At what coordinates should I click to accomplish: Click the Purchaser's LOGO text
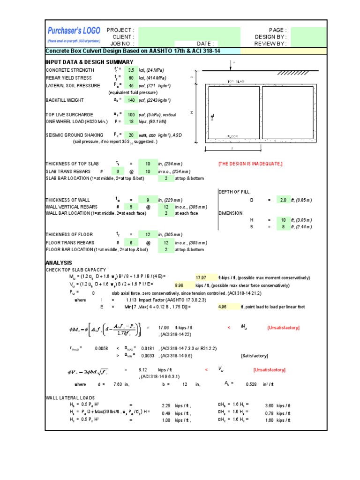tap(74, 30)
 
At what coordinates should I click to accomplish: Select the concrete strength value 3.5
tap(132, 70)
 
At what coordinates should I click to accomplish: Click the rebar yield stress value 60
tap(131, 78)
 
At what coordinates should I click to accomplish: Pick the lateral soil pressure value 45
tap(131, 86)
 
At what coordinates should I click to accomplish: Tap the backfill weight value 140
tap(131, 100)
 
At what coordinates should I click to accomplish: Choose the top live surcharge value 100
tap(131, 115)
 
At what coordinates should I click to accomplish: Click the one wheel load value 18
tap(131, 122)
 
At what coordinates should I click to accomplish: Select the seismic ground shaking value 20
tap(131, 135)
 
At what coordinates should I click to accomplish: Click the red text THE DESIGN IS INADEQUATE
tap(250, 164)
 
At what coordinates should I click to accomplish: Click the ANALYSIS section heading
tap(59, 263)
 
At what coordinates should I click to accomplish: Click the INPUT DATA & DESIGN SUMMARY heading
tap(89, 62)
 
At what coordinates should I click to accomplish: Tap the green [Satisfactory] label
tap(255, 356)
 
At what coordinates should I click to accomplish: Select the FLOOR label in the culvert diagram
tap(233, 136)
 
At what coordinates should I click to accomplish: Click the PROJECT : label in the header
tap(120, 30)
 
